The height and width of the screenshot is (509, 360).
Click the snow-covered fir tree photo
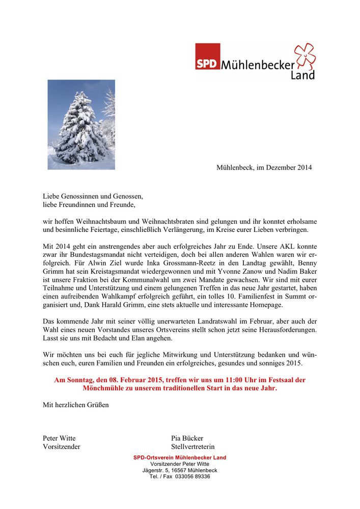click(x=81, y=124)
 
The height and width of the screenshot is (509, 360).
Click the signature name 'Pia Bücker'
click(x=187, y=438)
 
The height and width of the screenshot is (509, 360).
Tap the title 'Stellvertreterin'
click(x=192, y=447)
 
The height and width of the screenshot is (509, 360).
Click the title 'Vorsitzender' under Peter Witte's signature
click(x=61, y=447)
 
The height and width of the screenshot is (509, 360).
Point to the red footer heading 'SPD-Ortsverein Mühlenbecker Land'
click(x=180, y=458)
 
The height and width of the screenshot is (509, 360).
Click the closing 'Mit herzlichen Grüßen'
click(x=75, y=405)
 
